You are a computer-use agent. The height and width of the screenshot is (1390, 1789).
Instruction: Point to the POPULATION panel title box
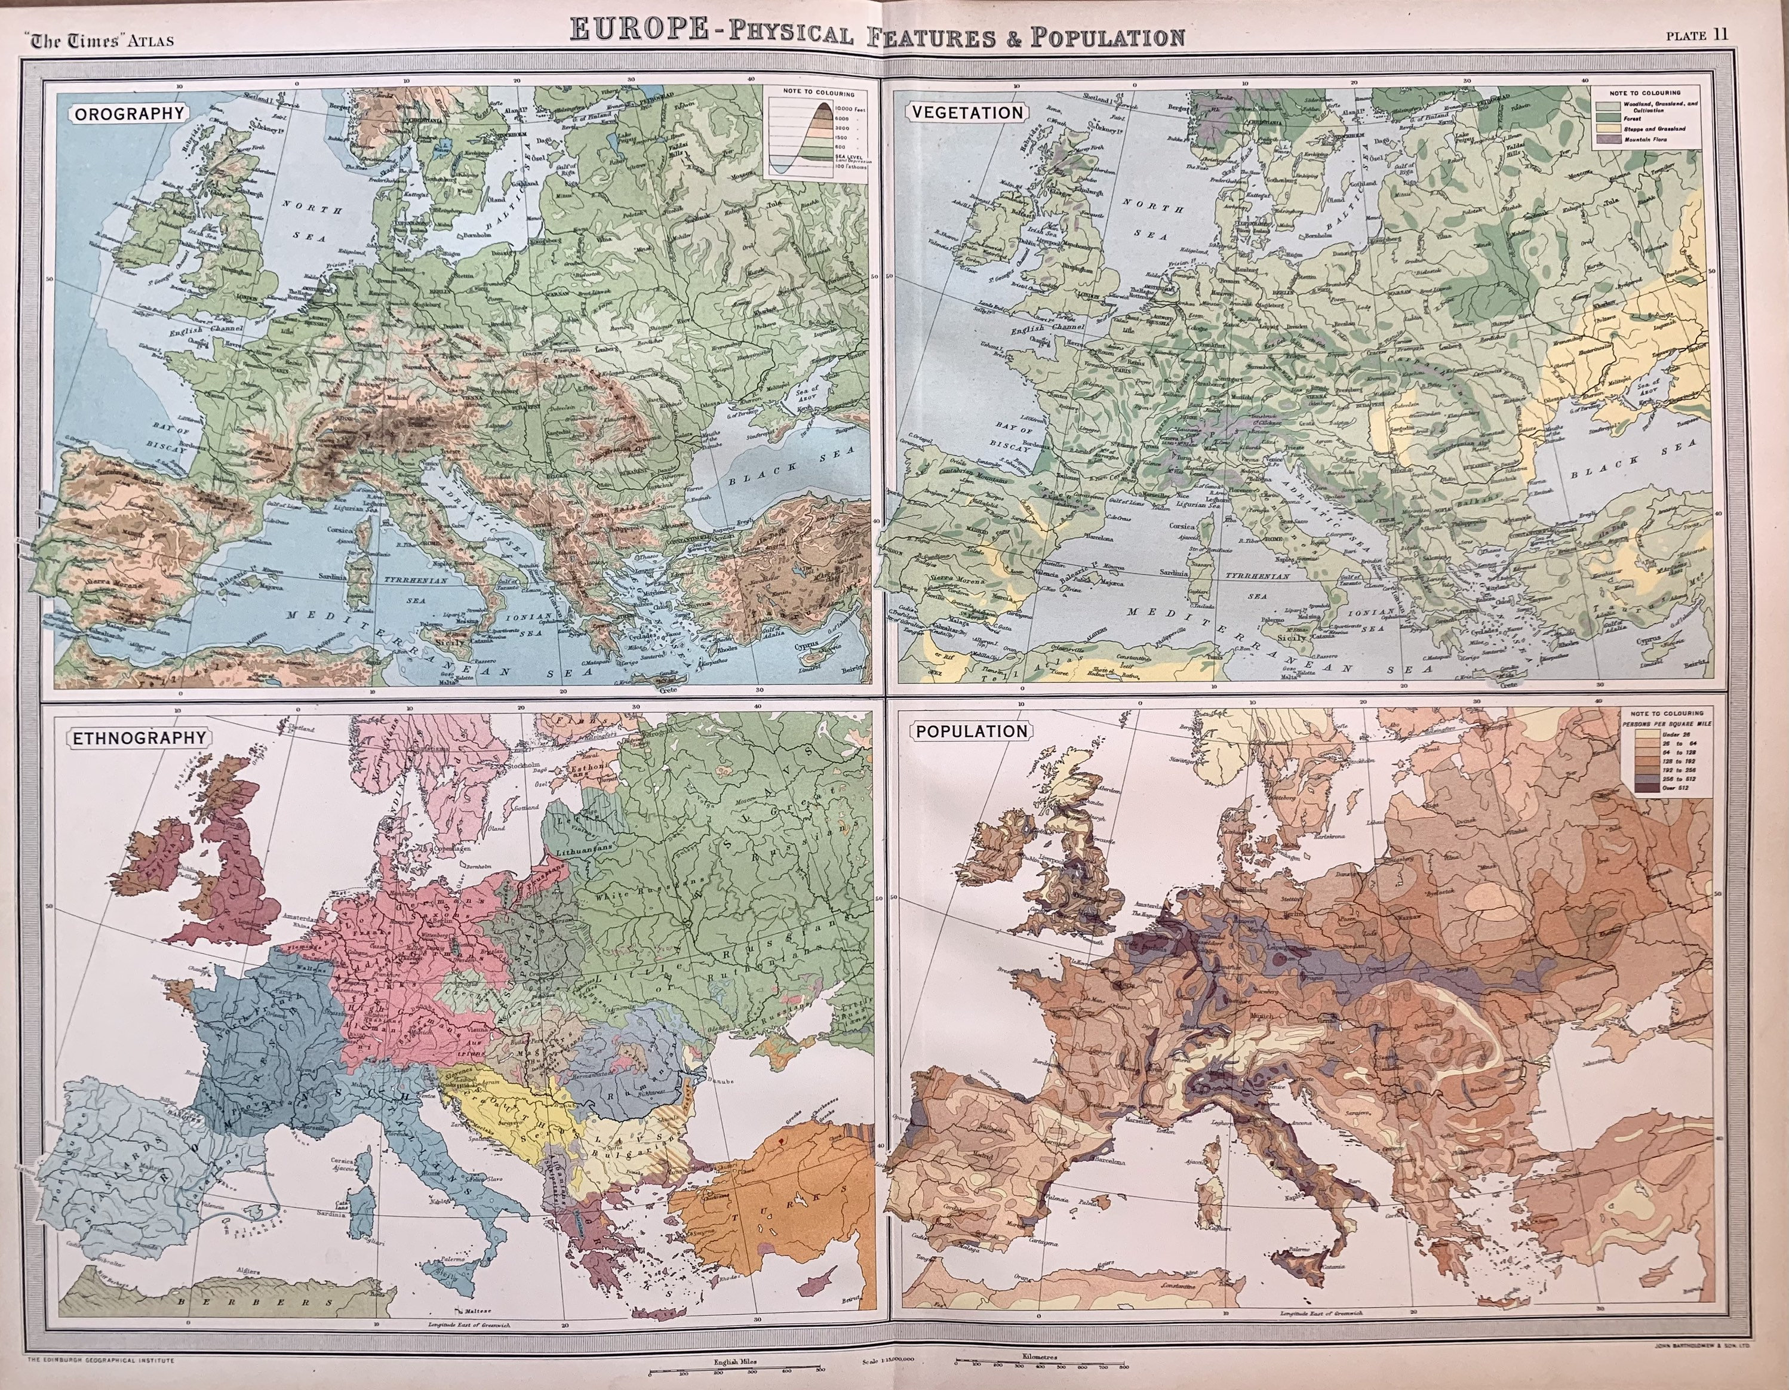[971, 731]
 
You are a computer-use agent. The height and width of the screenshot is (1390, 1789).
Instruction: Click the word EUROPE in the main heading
[639, 30]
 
